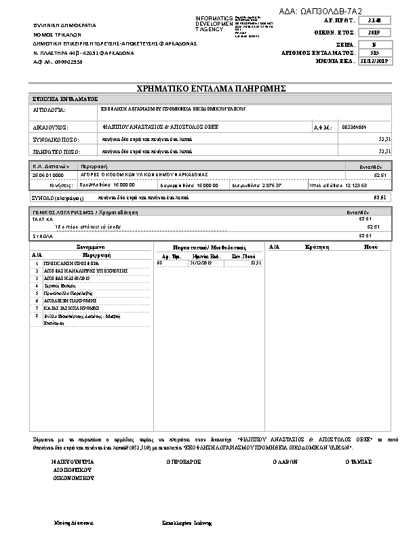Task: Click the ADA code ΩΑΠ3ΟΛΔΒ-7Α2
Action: click(330, 12)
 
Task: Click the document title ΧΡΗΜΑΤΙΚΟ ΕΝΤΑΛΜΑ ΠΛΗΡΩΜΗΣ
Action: click(207, 88)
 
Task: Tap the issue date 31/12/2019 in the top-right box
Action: click(375, 61)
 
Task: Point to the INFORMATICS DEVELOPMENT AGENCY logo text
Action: click(214, 24)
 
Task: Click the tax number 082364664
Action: click(355, 126)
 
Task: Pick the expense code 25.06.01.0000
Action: click(47, 174)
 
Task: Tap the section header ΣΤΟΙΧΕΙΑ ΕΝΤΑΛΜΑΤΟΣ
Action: click(66, 98)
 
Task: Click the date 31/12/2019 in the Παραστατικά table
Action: click(202, 262)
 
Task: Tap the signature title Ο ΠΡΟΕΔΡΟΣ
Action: click(184, 461)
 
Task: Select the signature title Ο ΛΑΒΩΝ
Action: click(285, 461)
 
